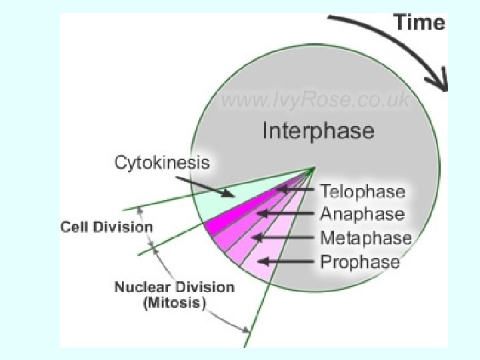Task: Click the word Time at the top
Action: coord(419,23)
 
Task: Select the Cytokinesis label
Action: coord(162,162)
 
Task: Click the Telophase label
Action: coord(362,192)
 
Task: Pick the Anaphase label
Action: coord(362,214)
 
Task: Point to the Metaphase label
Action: coord(365,237)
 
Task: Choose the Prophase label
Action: coord(360,261)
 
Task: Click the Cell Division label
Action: coord(107,227)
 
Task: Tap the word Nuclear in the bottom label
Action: coord(143,288)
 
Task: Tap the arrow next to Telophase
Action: coord(296,191)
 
